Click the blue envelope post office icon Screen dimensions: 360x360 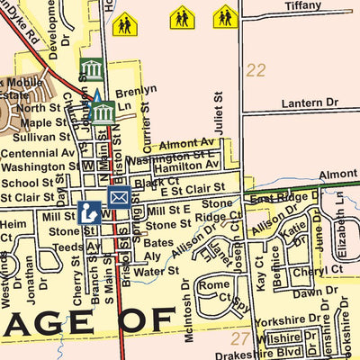(119, 196)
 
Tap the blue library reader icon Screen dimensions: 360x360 (88, 213)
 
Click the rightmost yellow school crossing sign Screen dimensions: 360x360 (225, 16)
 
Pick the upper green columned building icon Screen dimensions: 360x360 (91, 69)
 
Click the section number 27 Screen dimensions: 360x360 (238, 338)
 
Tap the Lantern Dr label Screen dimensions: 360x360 (310, 104)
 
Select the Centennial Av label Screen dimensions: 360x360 (37, 153)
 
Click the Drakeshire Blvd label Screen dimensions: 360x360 (259, 353)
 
